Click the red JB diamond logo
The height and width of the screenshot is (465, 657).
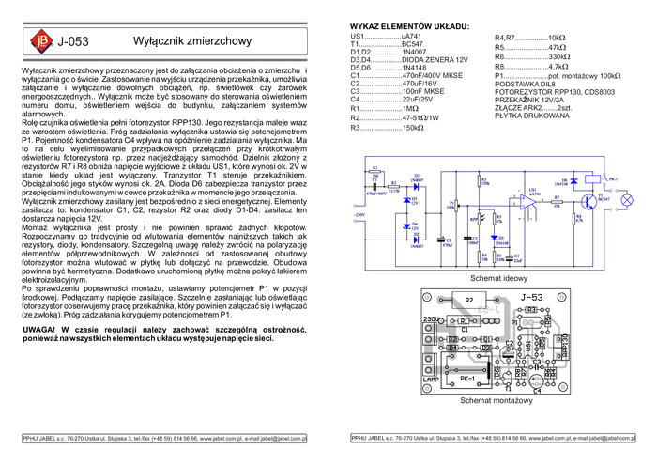[40, 41]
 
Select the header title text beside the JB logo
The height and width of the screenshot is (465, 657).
[78, 41]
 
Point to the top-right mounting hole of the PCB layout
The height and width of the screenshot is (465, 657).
[562, 298]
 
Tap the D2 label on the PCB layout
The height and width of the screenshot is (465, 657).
[453, 338]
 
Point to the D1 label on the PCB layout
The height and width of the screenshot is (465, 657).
[453, 349]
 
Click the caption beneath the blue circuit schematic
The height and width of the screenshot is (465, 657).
[498, 279]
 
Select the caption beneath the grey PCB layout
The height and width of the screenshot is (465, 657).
[496, 402]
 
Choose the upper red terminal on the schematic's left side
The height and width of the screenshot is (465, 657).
[355, 205]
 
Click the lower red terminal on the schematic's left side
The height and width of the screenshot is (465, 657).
[355, 219]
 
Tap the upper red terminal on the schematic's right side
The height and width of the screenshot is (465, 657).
[614, 191]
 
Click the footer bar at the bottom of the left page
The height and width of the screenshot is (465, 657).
[164, 438]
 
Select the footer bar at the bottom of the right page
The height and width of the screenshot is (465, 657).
[492, 438]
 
